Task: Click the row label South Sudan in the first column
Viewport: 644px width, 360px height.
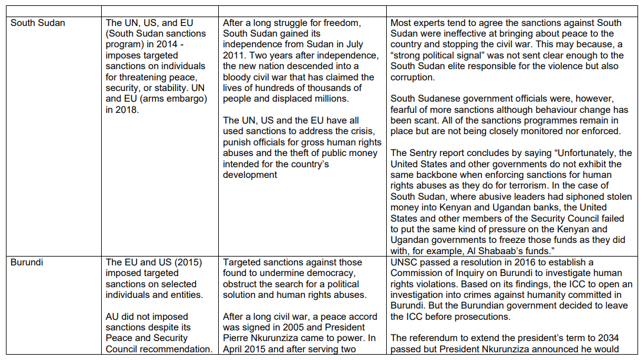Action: [x=38, y=23]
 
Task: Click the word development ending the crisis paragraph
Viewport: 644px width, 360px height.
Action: [x=250, y=174]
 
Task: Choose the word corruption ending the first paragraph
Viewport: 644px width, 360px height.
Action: [x=412, y=77]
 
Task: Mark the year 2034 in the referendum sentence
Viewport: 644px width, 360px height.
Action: [x=607, y=338]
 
